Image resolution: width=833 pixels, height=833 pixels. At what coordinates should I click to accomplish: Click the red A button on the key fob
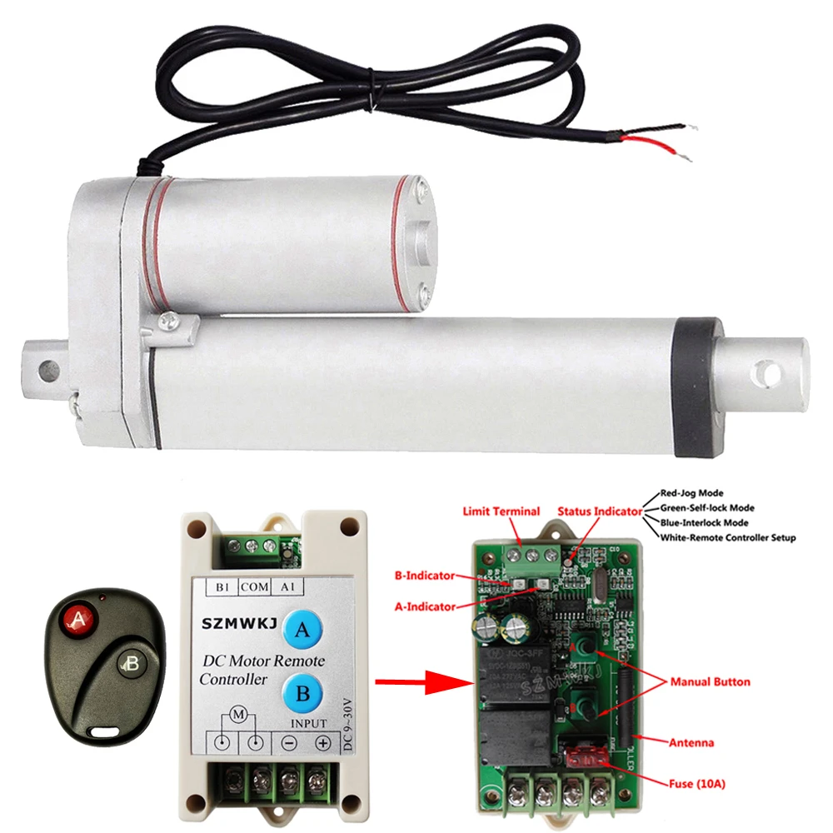point(79,619)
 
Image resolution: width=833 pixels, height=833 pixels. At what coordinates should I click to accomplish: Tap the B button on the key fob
point(128,664)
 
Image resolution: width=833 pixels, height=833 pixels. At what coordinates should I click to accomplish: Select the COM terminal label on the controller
point(255,586)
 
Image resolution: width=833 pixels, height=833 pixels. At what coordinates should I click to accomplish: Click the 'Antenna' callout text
point(691,741)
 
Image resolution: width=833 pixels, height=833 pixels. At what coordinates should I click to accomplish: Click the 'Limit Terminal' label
point(501,511)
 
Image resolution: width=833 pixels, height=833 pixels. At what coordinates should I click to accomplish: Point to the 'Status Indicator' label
point(600,511)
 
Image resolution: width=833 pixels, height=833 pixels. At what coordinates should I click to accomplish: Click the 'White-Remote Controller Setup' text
point(727,538)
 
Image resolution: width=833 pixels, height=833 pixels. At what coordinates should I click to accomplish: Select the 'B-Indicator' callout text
point(425,575)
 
